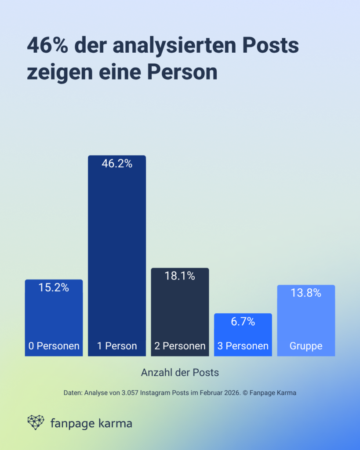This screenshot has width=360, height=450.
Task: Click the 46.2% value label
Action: (117, 164)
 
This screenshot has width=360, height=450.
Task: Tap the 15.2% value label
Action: (54, 288)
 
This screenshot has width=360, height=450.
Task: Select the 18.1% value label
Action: (180, 276)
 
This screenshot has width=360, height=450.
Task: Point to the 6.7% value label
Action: (243, 322)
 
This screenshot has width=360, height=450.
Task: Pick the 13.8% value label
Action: (306, 293)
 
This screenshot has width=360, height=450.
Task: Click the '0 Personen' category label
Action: (54, 346)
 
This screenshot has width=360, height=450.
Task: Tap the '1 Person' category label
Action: (117, 346)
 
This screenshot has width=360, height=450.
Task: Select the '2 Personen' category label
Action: (180, 346)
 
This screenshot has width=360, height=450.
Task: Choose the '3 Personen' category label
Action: (243, 346)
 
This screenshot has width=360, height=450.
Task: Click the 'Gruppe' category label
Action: (306, 346)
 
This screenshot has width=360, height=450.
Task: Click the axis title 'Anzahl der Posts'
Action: (180, 372)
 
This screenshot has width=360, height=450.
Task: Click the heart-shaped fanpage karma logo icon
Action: (36, 422)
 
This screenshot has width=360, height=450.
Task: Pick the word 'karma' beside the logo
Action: (113, 424)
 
